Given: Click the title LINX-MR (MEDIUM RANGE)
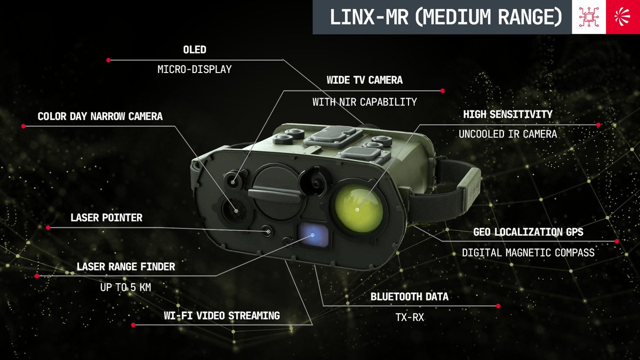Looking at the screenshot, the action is tap(446, 17).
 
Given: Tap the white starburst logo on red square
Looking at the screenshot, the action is tap(623, 17).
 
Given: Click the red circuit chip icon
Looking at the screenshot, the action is tap(589, 17).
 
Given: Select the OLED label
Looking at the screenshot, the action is tap(195, 50).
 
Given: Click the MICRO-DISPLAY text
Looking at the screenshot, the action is tap(195, 69).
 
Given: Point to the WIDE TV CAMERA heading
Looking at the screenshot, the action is tap(365, 80).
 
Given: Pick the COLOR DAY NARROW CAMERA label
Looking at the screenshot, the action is tap(100, 116).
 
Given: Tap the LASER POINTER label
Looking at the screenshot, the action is tap(106, 218).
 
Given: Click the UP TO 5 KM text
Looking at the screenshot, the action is tap(125, 287).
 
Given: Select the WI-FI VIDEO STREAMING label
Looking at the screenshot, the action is tap(222, 316).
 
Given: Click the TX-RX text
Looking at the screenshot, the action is tap(410, 317).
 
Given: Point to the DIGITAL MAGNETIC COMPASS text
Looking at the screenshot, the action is tap(528, 253).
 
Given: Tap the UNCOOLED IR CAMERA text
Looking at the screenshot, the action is tap(508, 134).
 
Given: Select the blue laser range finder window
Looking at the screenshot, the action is tap(314, 235).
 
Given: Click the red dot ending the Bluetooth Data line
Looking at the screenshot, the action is tap(498, 306).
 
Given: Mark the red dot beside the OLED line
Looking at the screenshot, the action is tap(108, 60).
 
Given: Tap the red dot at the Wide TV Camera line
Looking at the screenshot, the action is tap(442, 91).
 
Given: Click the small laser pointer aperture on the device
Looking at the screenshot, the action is tap(268, 231).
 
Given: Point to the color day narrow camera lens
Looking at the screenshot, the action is tap(235, 211).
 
